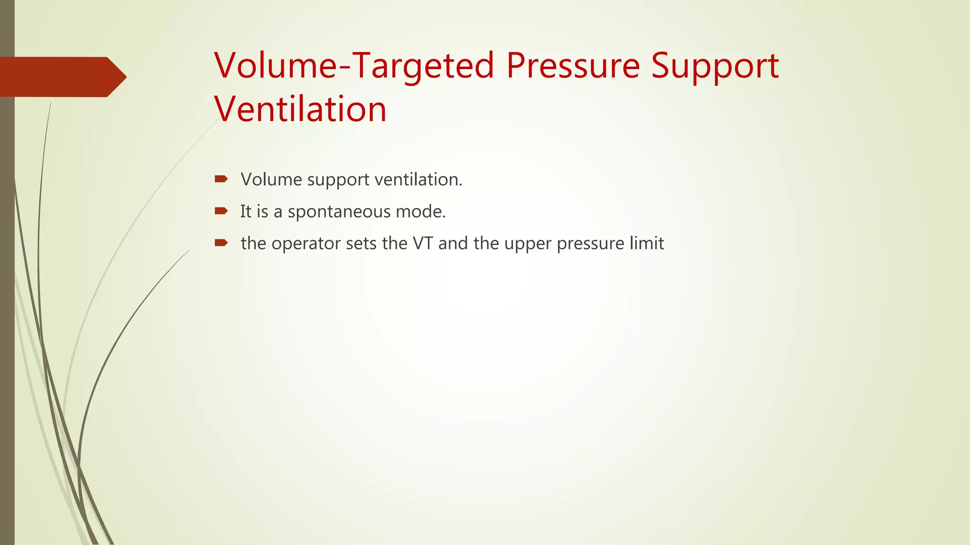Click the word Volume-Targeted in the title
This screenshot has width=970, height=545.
[x=354, y=66]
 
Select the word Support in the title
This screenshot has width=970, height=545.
[x=715, y=66]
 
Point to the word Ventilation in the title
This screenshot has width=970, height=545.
[x=300, y=109]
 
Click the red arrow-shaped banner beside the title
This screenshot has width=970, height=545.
[x=62, y=77]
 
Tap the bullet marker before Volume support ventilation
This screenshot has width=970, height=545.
[x=221, y=179]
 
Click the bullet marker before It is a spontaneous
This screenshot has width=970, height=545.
[x=221, y=211]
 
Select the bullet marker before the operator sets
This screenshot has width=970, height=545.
[x=221, y=243]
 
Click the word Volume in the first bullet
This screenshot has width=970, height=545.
[x=271, y=179]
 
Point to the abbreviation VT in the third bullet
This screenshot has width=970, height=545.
[x=423, y=243]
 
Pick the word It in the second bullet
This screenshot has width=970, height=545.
[x=246, y=211]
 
